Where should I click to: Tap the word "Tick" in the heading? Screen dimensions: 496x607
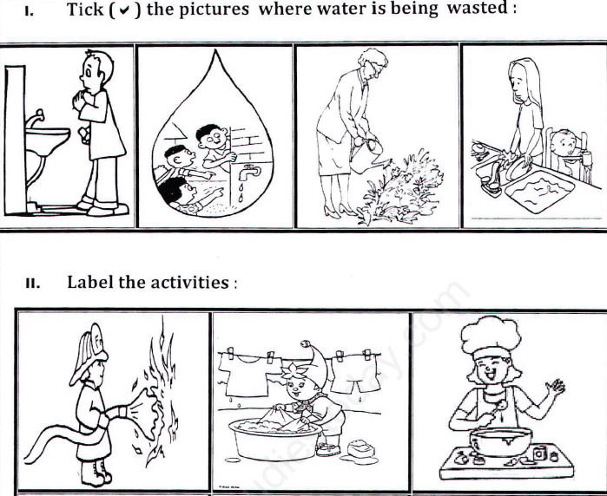88,11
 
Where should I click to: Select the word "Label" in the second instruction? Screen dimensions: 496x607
94,284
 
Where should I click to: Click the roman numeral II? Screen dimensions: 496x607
34,284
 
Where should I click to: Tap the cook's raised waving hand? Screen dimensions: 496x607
553,398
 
